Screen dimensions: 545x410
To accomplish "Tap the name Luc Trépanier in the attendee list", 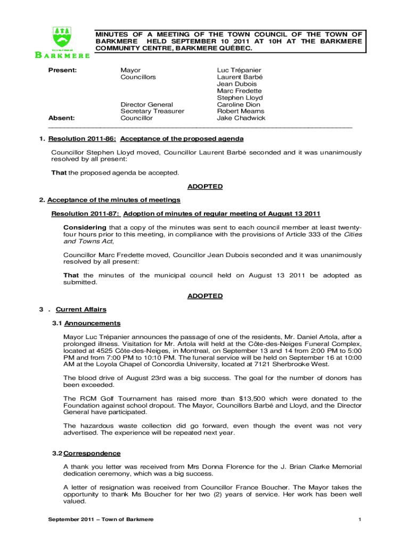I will [239, 70].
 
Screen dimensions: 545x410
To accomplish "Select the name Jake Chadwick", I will [241, 118].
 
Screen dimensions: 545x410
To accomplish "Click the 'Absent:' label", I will [62, 118].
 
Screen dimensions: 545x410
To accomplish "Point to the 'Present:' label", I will [63, 70].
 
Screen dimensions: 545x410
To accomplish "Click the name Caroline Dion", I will [239, 104].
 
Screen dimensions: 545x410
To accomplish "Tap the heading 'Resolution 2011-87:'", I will [86, 214].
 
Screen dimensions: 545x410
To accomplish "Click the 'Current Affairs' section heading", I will [81, 309].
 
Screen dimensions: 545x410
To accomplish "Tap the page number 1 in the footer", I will [360, 519].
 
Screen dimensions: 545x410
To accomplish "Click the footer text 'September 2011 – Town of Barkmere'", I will [101, 519].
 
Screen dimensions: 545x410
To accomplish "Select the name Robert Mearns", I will [240, 111].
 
